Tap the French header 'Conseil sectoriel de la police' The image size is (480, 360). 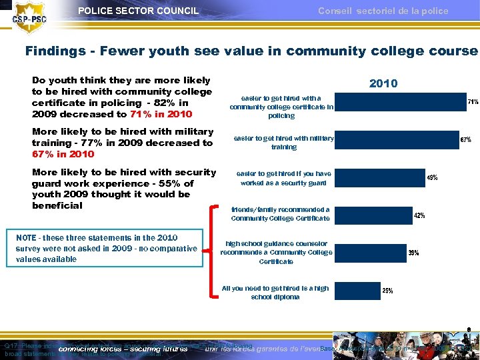(x=383, y=11)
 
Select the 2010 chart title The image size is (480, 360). (x=383, y=83)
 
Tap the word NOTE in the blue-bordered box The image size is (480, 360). (x=27, y=238)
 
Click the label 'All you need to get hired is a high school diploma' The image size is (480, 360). (x=275, y=293)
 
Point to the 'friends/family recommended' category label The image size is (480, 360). (x=280, y=214)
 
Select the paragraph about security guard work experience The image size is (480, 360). (x=123, y=189)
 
